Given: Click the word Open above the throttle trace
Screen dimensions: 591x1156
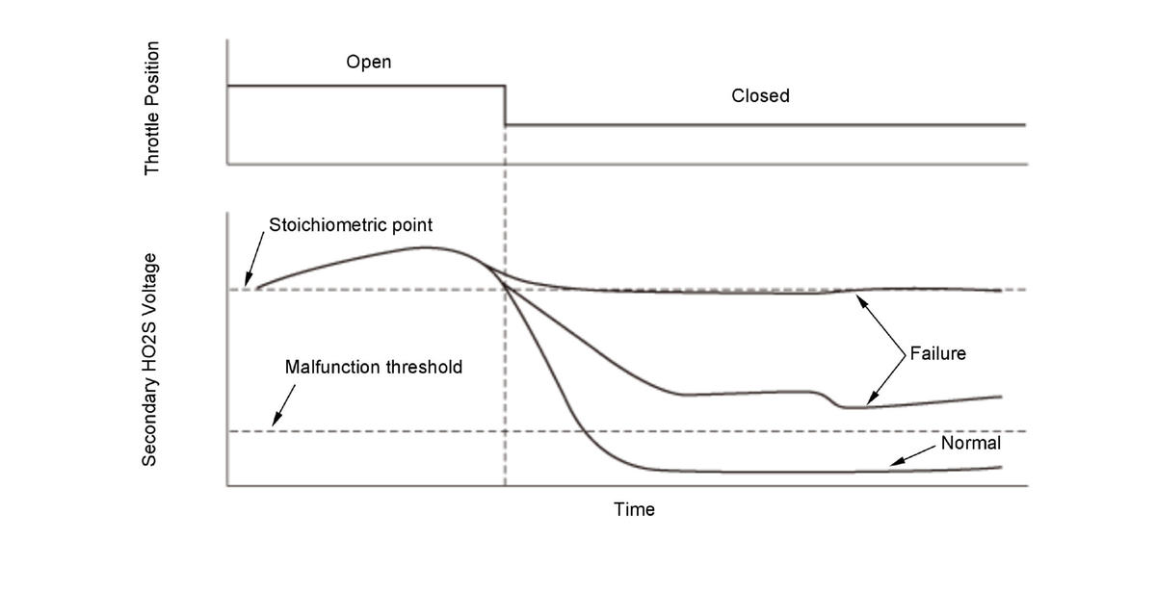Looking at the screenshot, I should click(x=369, y=63).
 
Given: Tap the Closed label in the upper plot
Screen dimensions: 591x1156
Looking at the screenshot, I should click(x=760, y=95).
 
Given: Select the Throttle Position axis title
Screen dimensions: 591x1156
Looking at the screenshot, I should click(x=152, y=109).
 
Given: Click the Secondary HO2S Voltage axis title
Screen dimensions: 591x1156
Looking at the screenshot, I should click(x=150, y=360).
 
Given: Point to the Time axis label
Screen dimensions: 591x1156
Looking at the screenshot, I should click(x=634, y=509).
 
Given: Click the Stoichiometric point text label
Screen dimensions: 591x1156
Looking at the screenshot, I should click(x=351, y=226).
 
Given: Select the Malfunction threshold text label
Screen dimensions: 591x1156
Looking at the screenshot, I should click(x=374, y=367).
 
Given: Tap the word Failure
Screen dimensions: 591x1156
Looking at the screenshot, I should click(x=937, y=353).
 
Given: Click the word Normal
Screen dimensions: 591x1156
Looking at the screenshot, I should click(x=971, y=444).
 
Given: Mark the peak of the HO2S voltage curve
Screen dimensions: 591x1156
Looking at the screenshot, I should click(x=424, y=247).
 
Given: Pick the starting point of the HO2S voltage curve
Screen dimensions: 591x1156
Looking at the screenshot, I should click(x=256, y=287).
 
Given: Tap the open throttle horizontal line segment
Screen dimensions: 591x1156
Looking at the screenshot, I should click(x=366, y=86).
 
